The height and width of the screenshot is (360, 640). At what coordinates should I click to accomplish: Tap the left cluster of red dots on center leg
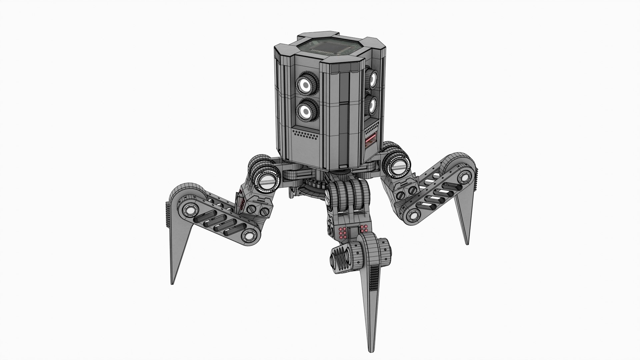coord(342,233)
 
